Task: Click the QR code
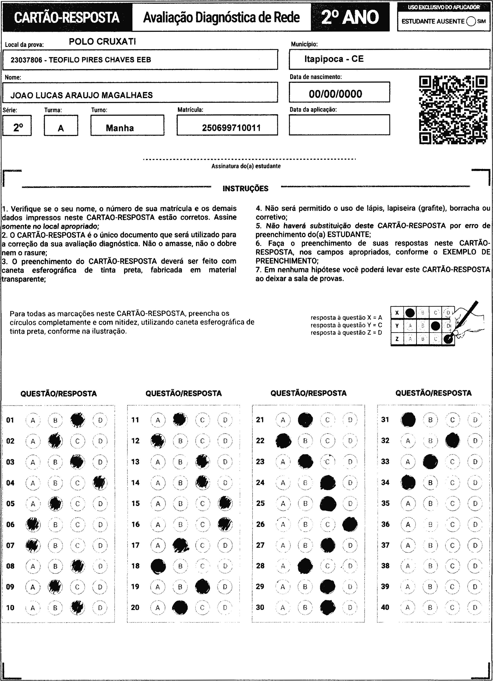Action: click(x=453, y=110)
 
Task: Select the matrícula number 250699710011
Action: click(x=231, y=128)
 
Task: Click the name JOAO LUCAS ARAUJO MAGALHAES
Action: click(x=82, y=95)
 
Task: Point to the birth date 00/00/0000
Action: click(x=336, y=94)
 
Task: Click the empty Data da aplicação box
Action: click(x=339, y=125)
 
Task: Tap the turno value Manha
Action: click(x=120, y=128)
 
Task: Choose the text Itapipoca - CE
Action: click(x=334, y=59)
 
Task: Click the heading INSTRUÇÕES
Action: click(x=245, y=188)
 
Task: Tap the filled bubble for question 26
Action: click(x=350, y=524)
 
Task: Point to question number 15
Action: click(x=135, y=504)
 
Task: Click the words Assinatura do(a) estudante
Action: click(x=246, y=166)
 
